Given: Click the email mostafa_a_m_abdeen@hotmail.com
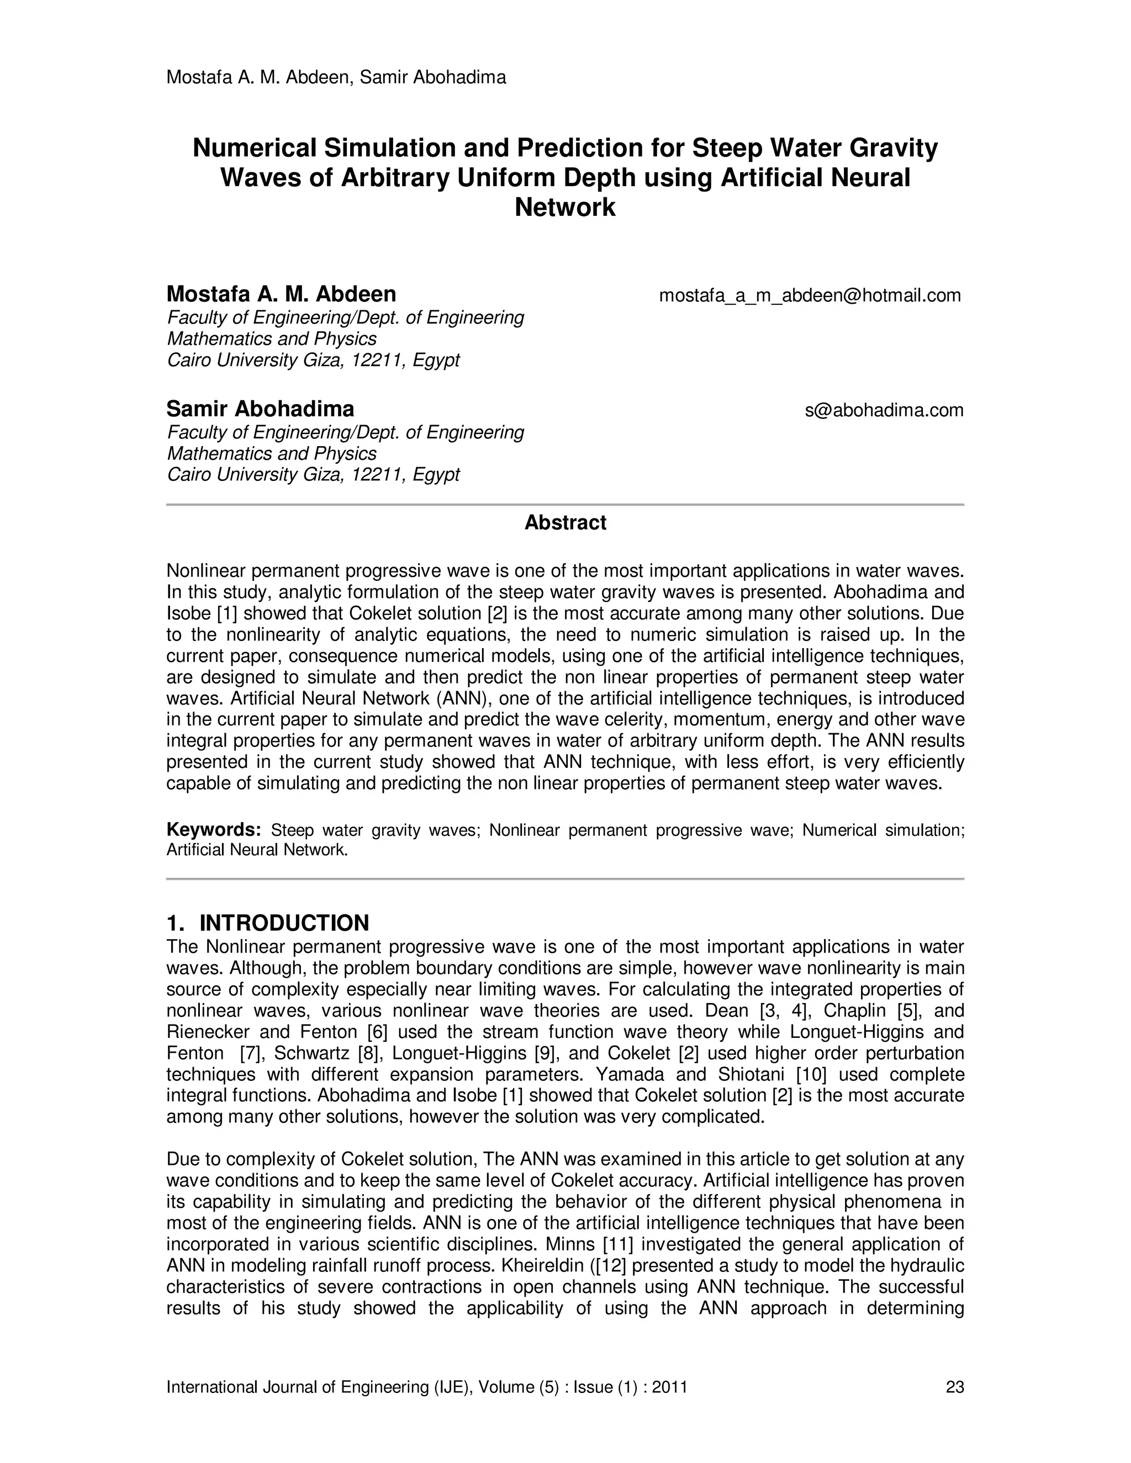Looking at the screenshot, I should [810, 295].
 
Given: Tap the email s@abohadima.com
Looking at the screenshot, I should [884, 410].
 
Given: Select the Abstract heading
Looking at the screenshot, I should [565, 522].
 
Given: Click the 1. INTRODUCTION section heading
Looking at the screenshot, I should [267, 923].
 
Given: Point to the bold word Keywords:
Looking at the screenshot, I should [213, 829].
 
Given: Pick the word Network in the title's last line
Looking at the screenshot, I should [565, 208].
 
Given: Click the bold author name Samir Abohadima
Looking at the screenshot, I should [260, 409].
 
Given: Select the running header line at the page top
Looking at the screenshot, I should [336, 78].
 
